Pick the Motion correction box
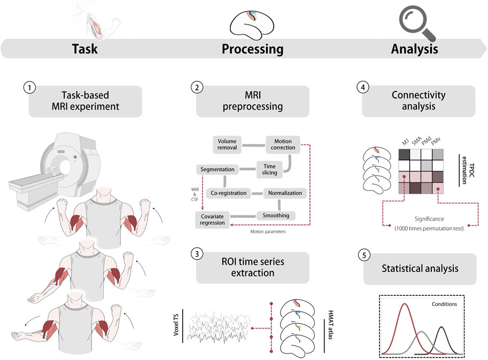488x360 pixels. coord(283,144)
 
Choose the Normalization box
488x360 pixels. coord(285,193)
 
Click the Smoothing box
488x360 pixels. coord(276,216)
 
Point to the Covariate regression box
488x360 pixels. coord(213,219)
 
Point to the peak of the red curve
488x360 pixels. coord(404,304)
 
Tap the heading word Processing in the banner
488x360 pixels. coord(252,50)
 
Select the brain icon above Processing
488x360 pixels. coord(252,21)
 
